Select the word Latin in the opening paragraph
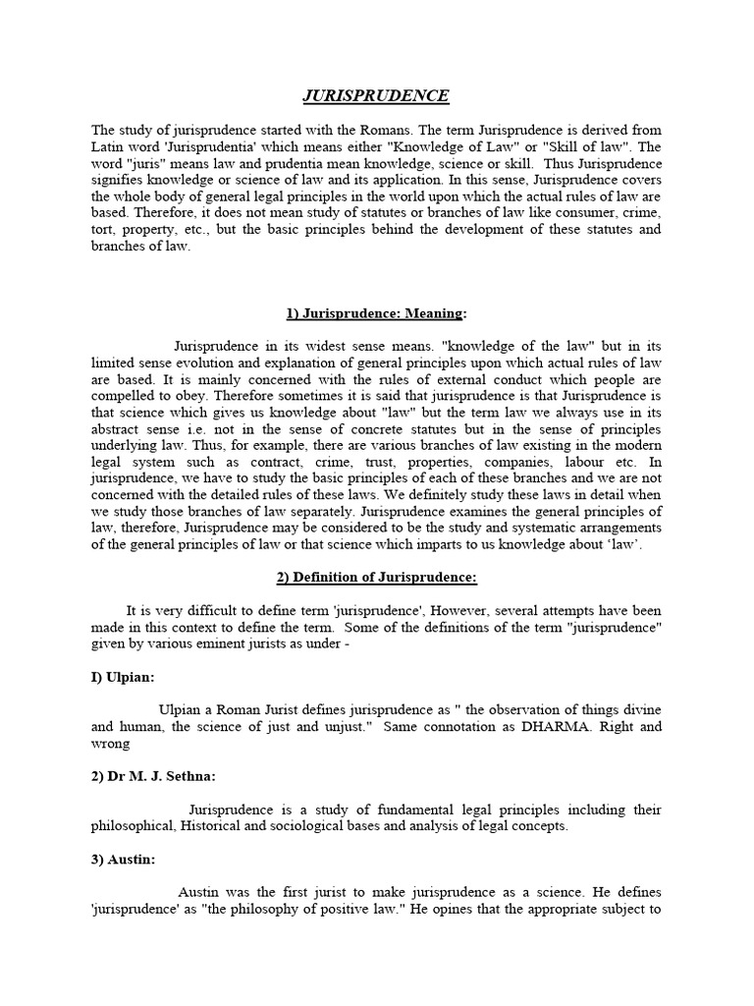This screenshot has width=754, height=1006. (111, 146)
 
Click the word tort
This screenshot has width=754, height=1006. (104, 229)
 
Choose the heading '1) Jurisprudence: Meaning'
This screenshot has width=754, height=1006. (377, 313)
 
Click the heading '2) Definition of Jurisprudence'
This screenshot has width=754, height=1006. (376, 578)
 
